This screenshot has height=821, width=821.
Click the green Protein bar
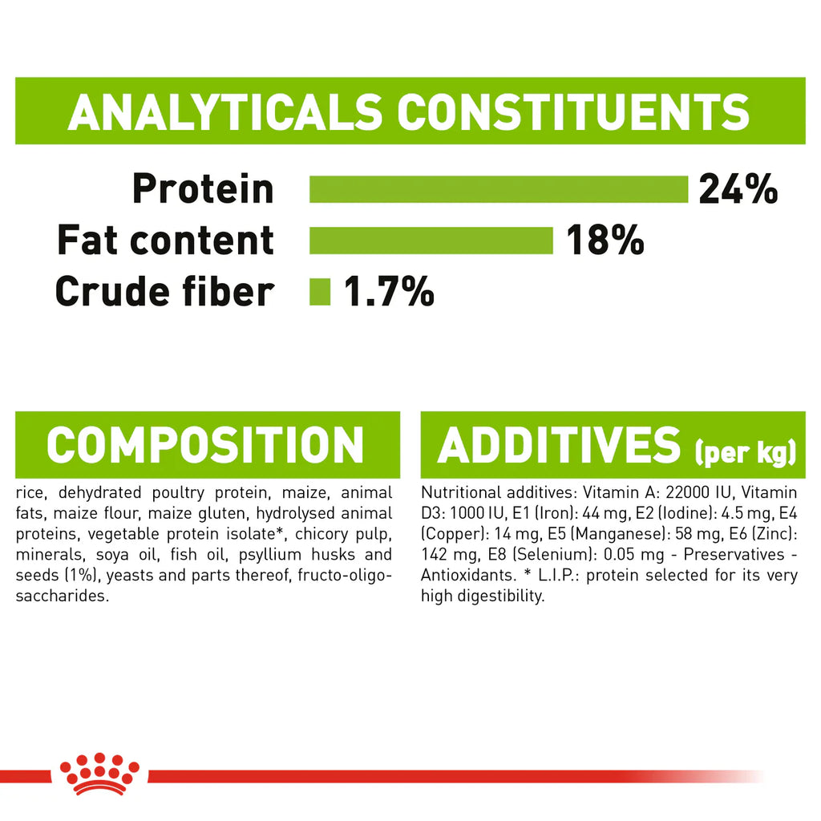coord(499,189)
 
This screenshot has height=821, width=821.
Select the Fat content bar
coord(431,241)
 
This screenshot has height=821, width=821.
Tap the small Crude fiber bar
coord(320,292)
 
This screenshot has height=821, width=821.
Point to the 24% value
coord(738,188)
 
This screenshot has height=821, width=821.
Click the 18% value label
coord(605,240)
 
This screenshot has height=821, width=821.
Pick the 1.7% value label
coord(389,291)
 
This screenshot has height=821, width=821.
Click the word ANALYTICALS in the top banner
coord(225,111)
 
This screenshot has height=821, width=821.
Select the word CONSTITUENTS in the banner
coord(574,111)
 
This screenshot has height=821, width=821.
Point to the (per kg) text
coord(746,452)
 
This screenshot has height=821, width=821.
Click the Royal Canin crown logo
coord(99,774)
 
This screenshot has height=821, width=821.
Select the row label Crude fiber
coord(164,292)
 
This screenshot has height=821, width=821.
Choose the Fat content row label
coord(165,241)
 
